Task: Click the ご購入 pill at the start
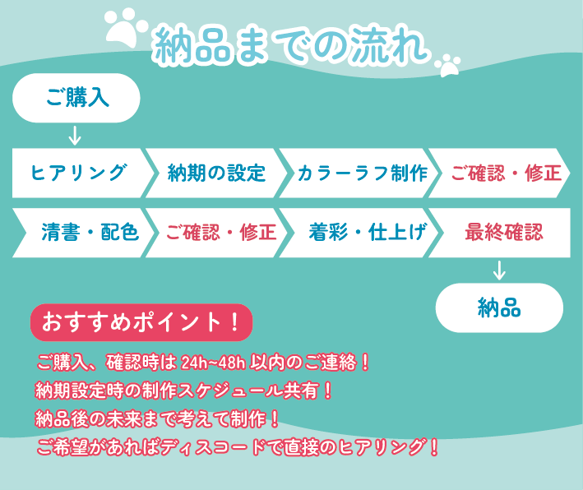point(76,98)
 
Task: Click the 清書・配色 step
point(84,233)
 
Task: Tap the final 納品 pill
point(499,307)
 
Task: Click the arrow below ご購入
point(75,136)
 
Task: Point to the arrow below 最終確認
point(499,270)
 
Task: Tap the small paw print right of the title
point(448,65)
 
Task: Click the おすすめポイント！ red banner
point(141,322)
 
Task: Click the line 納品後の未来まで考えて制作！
point(157,419)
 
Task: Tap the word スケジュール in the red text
point(229,391)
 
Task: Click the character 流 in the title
point(371,44)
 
